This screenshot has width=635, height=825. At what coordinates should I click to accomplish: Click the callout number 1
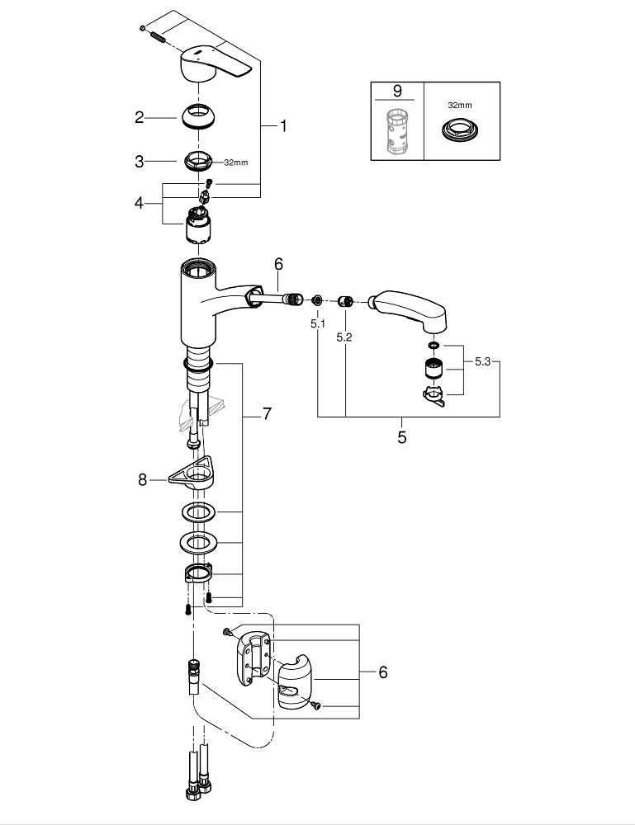point(282,126)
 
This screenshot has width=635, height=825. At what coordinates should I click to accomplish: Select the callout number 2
point(140,117)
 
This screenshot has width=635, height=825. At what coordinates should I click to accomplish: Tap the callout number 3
point(140,162)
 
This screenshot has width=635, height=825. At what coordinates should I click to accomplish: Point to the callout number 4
point(140,202)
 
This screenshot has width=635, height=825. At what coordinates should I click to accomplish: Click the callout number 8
point(142,478)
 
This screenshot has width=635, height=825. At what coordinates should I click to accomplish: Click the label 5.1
point(318,324)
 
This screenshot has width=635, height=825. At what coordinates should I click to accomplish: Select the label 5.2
point(345,337)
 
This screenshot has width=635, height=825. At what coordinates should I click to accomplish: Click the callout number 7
point(267,414)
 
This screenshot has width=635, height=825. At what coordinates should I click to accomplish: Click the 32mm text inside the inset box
point(461,106)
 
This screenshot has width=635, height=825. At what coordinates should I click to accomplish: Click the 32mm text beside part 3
point(236,163)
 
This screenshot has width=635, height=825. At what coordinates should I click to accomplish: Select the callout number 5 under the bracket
point(402,437)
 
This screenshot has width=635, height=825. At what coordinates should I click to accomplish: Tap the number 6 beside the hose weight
point(382,672)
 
